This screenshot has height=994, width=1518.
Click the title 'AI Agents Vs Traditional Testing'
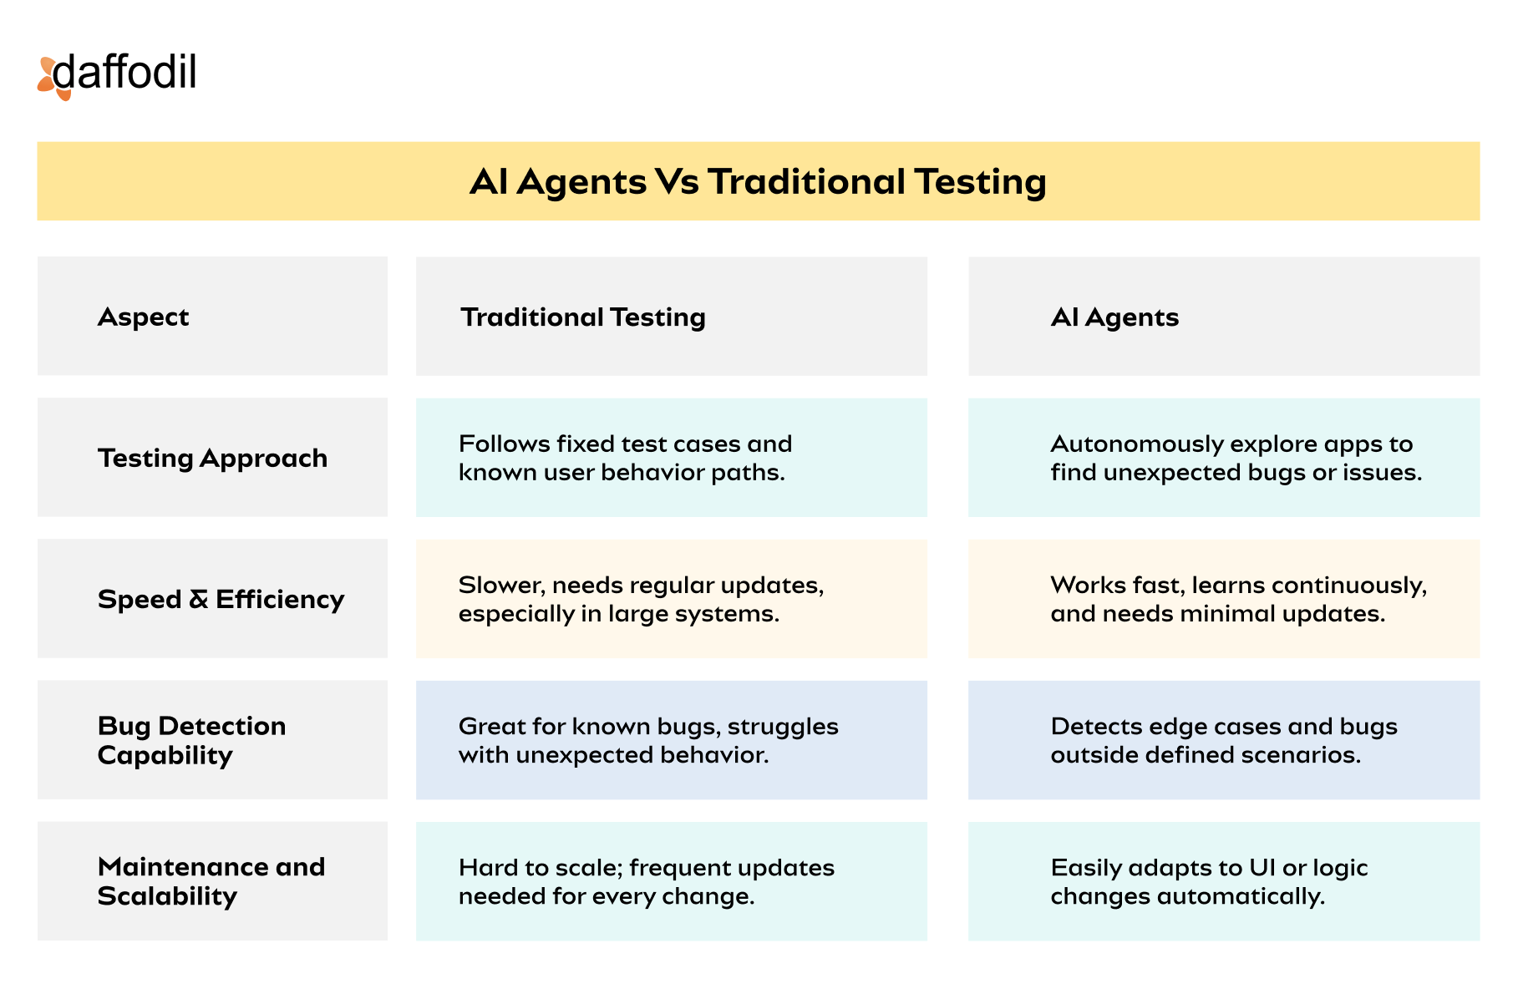758,182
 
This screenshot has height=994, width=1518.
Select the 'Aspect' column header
212,316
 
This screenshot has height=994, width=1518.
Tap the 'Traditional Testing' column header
672,316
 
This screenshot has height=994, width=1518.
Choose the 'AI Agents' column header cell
1224,316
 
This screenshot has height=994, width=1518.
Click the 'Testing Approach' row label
212,458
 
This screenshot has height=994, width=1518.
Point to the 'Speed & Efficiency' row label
212,599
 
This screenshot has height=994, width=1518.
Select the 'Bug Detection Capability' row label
212,740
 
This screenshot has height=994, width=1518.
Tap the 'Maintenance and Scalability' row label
212,881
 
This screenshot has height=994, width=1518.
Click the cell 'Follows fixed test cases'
672,458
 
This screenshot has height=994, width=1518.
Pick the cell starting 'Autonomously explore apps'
1224,458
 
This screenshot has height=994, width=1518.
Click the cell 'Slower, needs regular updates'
672,599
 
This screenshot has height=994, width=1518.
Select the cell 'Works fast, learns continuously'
1224,599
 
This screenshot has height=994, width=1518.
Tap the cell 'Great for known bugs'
672,740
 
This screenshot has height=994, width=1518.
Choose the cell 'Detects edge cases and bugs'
1224,740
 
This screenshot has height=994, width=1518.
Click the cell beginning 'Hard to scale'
672,881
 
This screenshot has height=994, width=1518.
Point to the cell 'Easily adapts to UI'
1224,881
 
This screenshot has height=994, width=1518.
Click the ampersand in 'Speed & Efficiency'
198,600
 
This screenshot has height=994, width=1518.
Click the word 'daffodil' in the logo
124,72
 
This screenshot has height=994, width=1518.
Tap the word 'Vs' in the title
677,182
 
